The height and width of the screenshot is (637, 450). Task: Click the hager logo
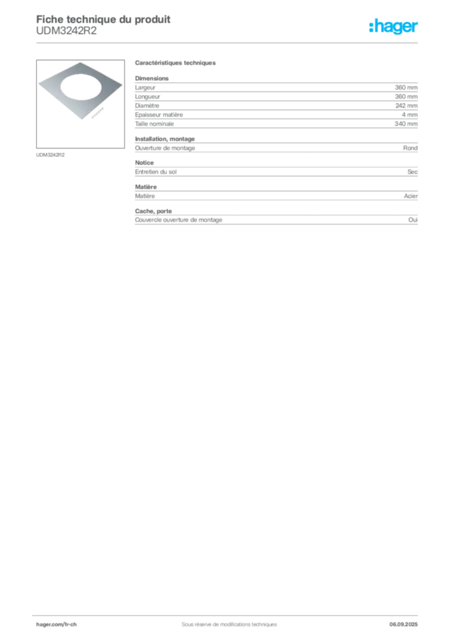pos(393,26)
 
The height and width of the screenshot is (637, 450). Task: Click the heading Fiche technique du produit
pos(103,19)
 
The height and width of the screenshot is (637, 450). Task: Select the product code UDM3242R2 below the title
pos(67,31)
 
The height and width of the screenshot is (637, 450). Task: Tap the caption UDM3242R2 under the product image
pos(50,155)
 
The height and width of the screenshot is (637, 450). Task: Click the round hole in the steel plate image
pos(81,87)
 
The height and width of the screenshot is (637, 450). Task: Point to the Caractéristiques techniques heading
pos(175,63)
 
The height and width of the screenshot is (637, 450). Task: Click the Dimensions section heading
pos(152,78)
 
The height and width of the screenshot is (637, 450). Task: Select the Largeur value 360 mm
pos(406,87)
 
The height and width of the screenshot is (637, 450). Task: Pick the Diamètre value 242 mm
pos(406,106)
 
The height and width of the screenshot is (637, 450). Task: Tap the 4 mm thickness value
pos(410,114)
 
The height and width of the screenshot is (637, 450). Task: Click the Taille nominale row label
pos(154,124)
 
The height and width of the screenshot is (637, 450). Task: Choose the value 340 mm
pos(406,124)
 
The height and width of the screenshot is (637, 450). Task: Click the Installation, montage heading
pos(165,139)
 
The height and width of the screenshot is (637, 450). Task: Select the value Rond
pos(410,148)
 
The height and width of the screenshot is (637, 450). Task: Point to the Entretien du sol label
pos(156,172)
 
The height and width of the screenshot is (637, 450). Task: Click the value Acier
pos(411,196)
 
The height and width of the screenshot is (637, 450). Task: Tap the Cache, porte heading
pos(154,212)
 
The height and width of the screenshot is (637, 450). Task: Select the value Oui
pos(413,220)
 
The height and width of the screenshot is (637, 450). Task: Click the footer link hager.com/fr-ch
pos(57,625)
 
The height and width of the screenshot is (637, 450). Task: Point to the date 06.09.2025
pos(403,625)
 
